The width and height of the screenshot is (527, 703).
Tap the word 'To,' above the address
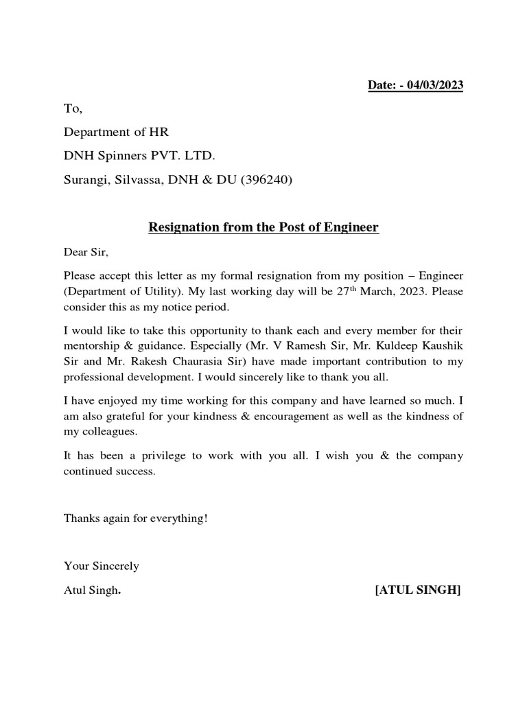pyautogui.click(x=73, y=109)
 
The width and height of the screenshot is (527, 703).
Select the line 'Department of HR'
pyautogui.click(x=116, y=132)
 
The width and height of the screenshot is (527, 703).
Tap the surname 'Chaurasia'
pyautogui.click(x=186, y=361)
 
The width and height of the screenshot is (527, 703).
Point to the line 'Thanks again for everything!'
pyautogui.click(x=135, y=518)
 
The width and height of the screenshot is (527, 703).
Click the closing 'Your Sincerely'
pyautogui.click(x=101, y=566)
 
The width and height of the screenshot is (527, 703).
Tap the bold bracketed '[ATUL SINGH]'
pyautogui.click(x=418, y=590)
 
